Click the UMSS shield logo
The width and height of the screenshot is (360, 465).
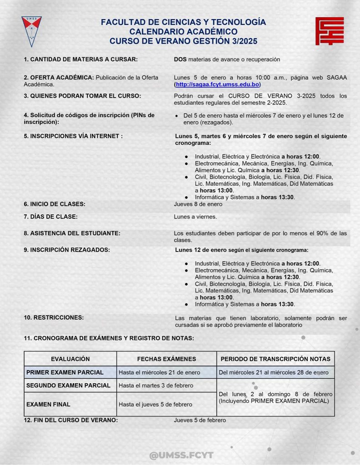point(31,31)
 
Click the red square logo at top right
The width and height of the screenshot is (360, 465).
point(330,31)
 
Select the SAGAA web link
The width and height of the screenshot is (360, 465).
point(217,85)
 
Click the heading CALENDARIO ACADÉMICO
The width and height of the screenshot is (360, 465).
point(183,32)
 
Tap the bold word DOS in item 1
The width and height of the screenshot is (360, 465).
point(180,59)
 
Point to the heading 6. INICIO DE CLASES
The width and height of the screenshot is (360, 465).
point(55,204)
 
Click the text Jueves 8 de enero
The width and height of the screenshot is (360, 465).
point(198,204)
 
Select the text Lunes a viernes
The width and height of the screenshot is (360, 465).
point(195,217)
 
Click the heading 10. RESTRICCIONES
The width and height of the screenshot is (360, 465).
point(54,317)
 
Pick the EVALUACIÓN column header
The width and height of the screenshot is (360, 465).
point(70,359)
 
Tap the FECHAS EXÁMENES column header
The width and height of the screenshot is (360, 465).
point(166,359)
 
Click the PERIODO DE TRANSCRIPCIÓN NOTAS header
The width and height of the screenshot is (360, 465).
point(275,359)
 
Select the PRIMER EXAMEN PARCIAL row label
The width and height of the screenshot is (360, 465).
point(65,372)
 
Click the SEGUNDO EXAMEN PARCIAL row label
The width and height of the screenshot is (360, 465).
point(68,386)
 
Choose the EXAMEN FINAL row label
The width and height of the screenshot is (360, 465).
point(48,404)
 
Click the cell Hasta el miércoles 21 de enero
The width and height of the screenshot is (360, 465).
point(159,372)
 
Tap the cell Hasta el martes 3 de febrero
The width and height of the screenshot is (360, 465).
point(156,386)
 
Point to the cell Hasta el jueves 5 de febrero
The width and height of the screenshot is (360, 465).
point(155,404)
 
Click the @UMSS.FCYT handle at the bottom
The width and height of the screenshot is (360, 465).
point(181,455)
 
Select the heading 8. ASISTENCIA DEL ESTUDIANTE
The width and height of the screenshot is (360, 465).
point(72,233)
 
